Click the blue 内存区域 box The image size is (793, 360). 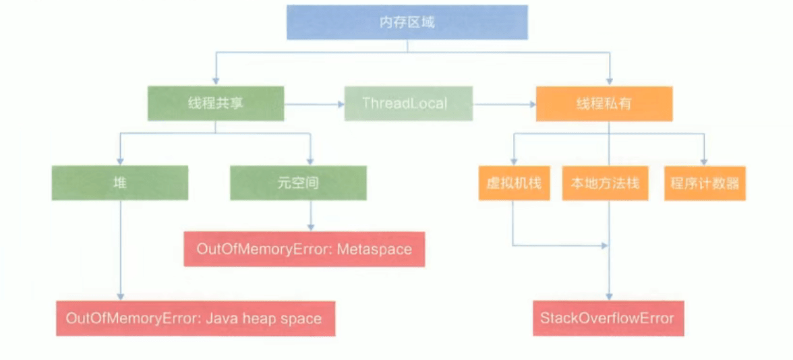pos(407,22)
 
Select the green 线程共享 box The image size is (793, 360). pos(215,103)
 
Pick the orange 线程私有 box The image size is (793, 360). pos(604,103)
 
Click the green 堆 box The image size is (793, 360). pos(120,183)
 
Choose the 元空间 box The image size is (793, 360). pos(298,183)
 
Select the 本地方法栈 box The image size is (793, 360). pos(605,183)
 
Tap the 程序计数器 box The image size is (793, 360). pos(705,183)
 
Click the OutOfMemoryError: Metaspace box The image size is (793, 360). pos(304,249)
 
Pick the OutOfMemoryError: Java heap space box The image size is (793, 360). pos(194,318)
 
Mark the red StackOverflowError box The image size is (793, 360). pos(607,318)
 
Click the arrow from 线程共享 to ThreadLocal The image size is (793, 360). pos(314,104)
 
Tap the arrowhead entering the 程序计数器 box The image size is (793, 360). pos(704,162)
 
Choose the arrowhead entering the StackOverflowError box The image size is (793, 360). pos(609,297)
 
